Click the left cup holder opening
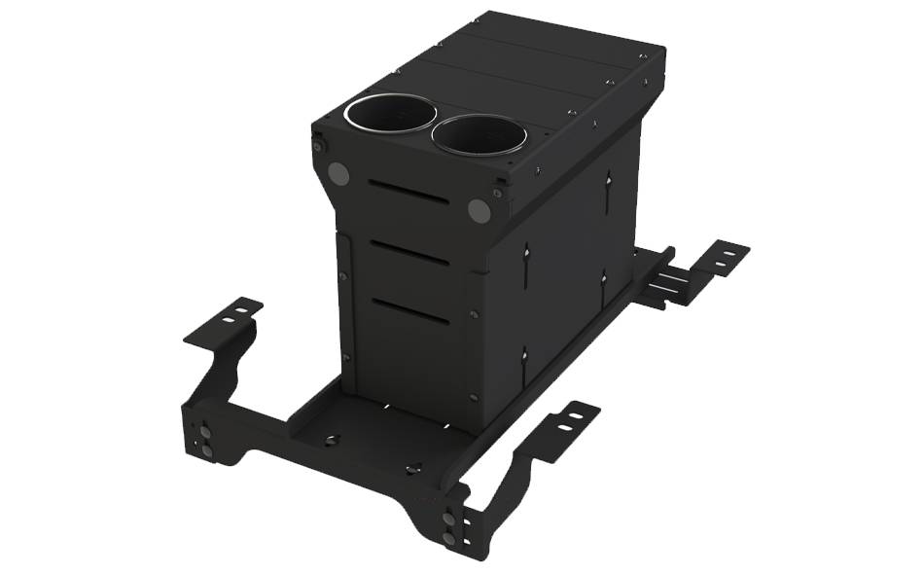coord(388,116)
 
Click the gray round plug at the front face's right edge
coord(478,210)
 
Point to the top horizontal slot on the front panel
coord(409,193)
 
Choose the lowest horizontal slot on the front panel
coord(409,311)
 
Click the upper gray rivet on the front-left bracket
coord(206,431)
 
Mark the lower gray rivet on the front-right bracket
coord(448,537)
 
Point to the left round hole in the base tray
coord(331,440)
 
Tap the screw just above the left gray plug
coord(319,147)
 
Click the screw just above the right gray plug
coord(498,193)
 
